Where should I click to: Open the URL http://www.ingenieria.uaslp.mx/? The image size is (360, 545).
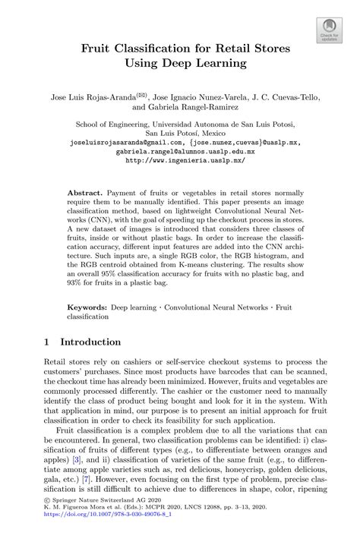click(180, 161)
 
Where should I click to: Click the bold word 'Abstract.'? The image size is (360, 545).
click(106, 194)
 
